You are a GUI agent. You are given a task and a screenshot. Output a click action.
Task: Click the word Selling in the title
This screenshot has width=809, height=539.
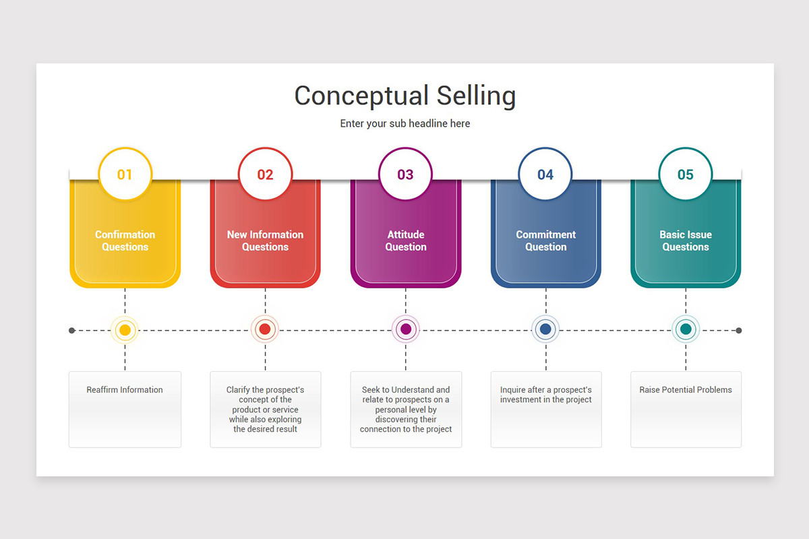(x=476, y=96)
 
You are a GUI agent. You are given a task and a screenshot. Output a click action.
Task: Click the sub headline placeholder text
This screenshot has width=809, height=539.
(x=405, y=123)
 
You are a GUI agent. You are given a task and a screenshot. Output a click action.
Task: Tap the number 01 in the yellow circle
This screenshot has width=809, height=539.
(x=125, y=175)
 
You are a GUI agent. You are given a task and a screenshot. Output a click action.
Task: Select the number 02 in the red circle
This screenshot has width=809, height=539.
(x=265, y=175)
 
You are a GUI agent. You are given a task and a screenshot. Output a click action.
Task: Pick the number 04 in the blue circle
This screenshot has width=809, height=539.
(x=545, y=175)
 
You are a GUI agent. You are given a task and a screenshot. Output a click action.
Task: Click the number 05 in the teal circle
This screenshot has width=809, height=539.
(x=686, y=175)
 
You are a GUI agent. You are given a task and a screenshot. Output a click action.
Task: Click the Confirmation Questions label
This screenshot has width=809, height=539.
(x=125, y=241)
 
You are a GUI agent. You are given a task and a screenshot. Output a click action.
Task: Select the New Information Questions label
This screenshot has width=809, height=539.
(x=265, y=241)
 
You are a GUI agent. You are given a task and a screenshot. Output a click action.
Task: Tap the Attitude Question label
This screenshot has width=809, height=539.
(x=406, y=241)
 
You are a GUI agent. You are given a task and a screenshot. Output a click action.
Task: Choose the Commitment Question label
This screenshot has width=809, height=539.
(x=545, y=241)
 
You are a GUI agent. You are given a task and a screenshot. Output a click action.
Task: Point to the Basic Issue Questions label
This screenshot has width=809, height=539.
(x=686, y=241)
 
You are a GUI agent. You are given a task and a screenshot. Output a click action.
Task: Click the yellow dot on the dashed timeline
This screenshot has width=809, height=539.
(x=125, y=330)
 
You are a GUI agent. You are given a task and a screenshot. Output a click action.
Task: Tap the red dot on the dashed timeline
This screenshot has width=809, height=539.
(x=265, y=329)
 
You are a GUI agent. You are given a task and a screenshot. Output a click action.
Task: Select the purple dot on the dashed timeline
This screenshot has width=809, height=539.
(x=406, y=329)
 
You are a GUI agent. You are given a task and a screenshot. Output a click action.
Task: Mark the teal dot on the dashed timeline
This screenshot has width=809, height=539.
(x=686, y=329)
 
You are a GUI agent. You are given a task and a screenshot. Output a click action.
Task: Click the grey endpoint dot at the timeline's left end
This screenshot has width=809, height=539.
(x=72, y=330)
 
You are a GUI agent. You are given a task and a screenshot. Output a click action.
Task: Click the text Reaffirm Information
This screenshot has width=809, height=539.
(x=125, y=390)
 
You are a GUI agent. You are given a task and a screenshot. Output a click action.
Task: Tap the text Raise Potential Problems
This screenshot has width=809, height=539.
(x=686, y=390)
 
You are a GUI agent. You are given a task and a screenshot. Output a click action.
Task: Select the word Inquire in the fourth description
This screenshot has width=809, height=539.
(x=512, y=390)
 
